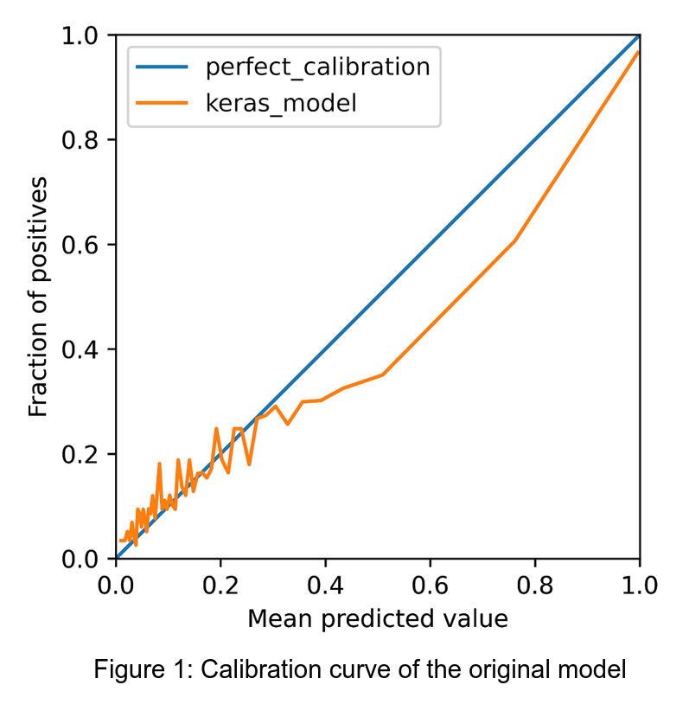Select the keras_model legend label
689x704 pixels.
(282, 104)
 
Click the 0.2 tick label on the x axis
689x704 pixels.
(220, 586)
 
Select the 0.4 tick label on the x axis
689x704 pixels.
(325, 586)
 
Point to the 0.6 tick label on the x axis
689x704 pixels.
(430, 586)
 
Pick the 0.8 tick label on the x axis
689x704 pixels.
(534, 586)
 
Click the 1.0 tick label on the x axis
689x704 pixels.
(639, 586)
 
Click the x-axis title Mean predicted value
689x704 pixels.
(377, 619)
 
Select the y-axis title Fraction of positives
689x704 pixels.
(38, 297)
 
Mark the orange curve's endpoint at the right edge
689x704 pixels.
(638, 52)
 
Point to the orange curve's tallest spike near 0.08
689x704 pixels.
(159, 464)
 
